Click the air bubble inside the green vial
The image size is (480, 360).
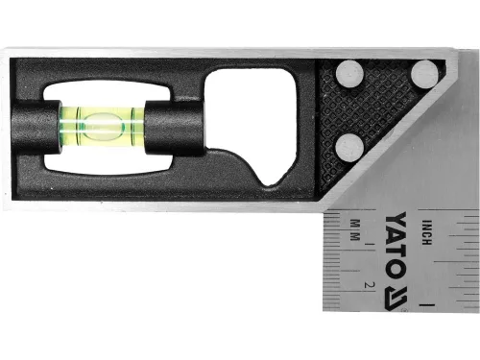[x=103, y=122]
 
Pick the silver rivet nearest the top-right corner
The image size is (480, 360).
[x=423, y=73]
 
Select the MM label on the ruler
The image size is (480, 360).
[x=354, y=230]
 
